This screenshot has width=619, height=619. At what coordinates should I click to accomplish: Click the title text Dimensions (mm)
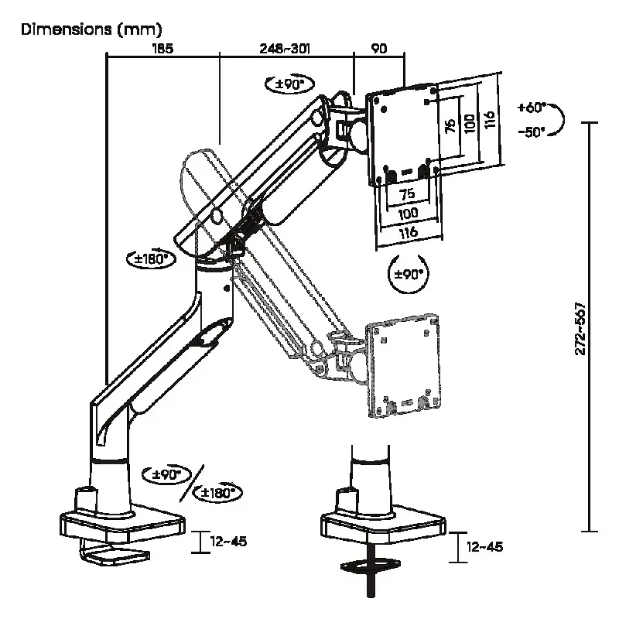(91, 29)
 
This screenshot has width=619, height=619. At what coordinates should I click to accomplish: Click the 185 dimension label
(162, 49)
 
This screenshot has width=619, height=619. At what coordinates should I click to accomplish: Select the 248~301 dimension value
(285, 49)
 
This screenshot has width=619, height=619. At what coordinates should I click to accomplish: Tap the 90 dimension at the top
(379, 49)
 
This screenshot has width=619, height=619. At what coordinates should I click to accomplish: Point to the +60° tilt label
(532, 107)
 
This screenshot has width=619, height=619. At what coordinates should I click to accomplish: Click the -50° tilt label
(532, 132)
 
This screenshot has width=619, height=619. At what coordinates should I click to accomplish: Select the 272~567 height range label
(580, 328)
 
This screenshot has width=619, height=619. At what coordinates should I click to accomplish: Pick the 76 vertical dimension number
(450, 125)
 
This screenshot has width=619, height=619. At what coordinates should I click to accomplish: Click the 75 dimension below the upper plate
(408, 194)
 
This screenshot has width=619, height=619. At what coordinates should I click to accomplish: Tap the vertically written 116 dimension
(489, 120)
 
